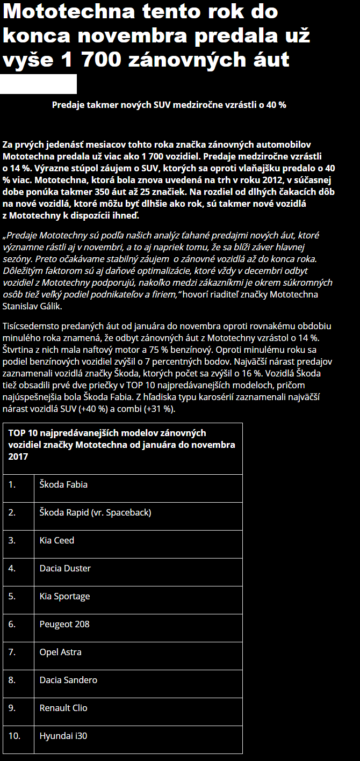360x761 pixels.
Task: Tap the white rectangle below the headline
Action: (x=38, y=84)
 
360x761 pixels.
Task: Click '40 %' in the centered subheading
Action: (x=276, y=105)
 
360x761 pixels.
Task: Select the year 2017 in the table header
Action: (x=18, y=456)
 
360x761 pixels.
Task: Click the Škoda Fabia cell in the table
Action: (x=63, y=484)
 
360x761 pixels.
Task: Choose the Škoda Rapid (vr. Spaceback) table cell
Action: (x=96, y=512)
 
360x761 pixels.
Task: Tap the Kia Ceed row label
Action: (x=57, y=540)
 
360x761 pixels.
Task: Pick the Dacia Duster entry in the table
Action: (x=65, y=568)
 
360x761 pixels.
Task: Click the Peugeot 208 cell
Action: (x=64, y=624)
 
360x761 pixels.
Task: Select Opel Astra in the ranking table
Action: (x=61, y=652)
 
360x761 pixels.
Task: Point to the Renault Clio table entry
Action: (x=63, y=708)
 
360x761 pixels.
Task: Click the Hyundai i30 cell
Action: (x=63, y=736)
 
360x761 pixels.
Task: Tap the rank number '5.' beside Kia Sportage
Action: (x=12, y=596)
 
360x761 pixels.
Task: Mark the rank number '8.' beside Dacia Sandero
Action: (x=12, y=680)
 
